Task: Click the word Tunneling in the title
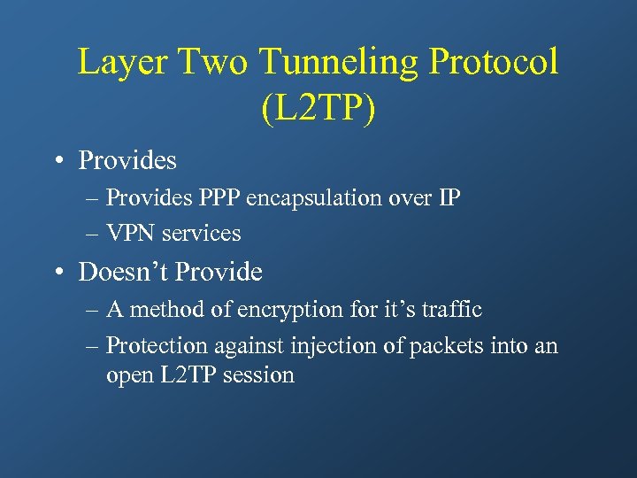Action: [341, 63]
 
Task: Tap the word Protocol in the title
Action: [495, 63]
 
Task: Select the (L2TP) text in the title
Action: [318, 108]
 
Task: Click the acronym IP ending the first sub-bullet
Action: [449, 197]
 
